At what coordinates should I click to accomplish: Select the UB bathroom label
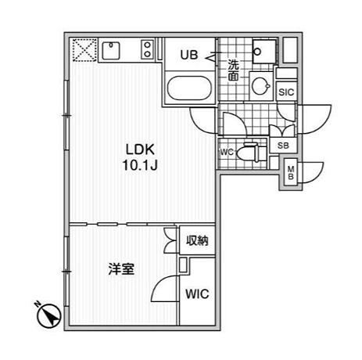click(x=189, y=55)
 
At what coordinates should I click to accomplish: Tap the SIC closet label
click(x=287, y=92)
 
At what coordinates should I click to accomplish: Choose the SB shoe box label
click(x=283, y=146)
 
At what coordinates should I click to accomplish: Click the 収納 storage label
click(x=197, y=242)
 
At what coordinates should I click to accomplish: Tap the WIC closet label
click(x=197, y=295)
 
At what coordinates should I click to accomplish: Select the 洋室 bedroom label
click(x=120, y=269)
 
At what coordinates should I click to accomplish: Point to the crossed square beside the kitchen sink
click(x=81, y=50)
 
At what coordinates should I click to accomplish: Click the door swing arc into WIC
click(x=164, y=288)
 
